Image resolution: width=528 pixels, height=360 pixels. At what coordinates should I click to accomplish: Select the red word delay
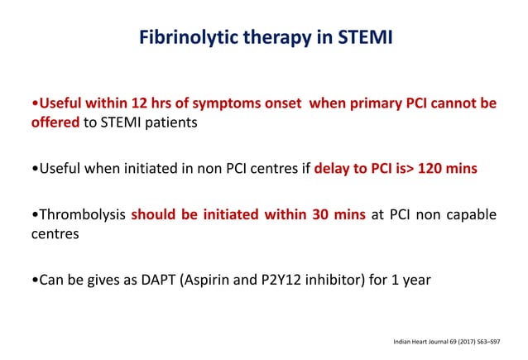click(x=333, y=168)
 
